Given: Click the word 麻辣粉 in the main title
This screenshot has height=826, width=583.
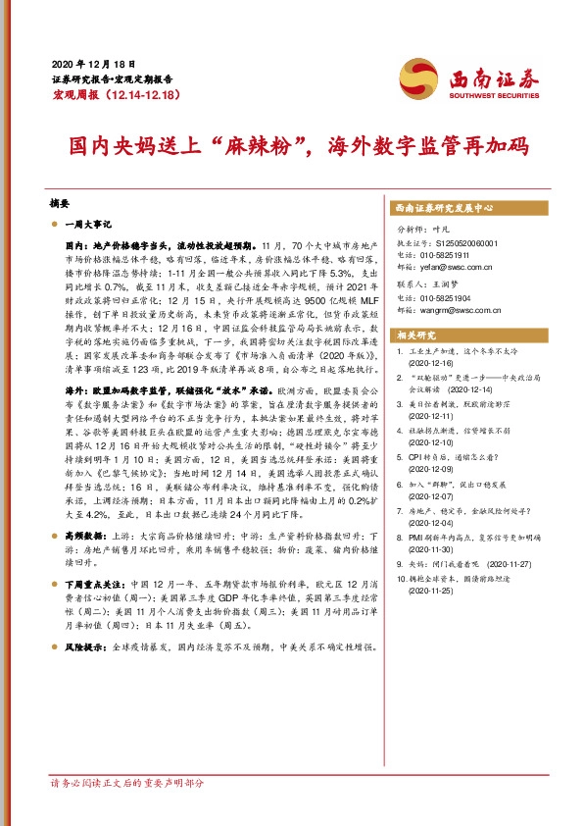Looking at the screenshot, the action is pos(244,147).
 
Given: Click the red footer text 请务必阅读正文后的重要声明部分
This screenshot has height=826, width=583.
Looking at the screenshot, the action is pos(127,784).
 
